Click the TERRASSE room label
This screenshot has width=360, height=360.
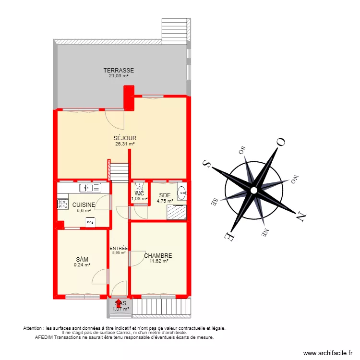(119, 71)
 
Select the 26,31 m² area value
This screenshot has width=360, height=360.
(125, 144)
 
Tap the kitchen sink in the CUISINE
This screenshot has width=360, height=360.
(86, 188)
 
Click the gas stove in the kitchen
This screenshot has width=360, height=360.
(63, 204)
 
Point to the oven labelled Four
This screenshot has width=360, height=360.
(90, 222)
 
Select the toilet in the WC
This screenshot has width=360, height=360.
(139, 187)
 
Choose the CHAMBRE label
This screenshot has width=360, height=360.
(158, 256)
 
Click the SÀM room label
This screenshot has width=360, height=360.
(82, 259)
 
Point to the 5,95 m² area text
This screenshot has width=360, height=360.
(119, 253)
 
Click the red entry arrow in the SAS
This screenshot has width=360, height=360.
(119, 302)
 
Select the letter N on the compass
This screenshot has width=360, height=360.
(300, 217)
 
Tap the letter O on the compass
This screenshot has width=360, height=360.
(280, 142)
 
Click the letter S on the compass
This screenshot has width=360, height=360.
(207, 163)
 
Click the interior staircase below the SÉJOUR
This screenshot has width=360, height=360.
(120, 171)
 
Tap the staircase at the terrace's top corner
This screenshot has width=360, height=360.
(174, 31)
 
